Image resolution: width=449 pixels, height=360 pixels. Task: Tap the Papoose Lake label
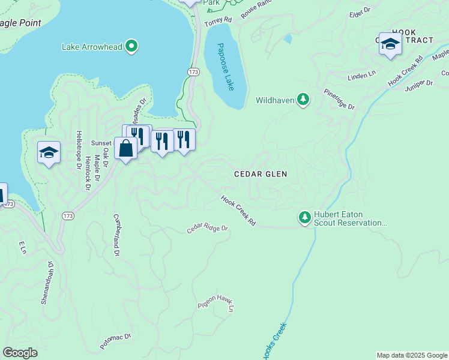pos(226,67)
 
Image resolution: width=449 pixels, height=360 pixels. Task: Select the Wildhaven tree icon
pos(303,100)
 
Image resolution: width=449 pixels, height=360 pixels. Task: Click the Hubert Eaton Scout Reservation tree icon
pos(305,217)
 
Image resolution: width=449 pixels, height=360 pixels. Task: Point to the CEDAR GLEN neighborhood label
pos(260,174)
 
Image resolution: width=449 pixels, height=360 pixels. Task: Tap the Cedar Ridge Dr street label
pos(208,229)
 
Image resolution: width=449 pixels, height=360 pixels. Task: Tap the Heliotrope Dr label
pos(78,149)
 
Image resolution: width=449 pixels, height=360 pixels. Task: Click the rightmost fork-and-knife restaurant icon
pos(184,139)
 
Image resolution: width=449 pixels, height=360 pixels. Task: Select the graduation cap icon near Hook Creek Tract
pos(390,44)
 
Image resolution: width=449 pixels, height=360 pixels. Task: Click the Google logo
pos(20,353)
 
